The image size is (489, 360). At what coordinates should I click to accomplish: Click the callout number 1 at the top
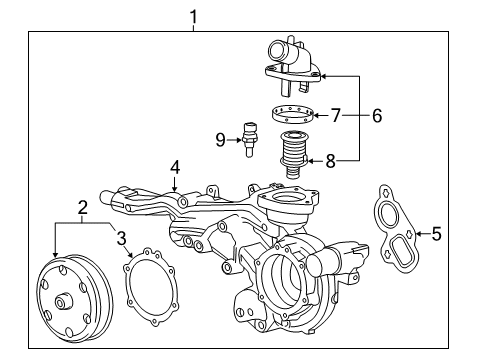pos(193,16)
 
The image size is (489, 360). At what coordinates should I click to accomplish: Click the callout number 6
pos(376,116)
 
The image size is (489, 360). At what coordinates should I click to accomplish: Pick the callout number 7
pos(337,116)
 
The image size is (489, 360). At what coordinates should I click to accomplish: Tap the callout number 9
pos(221,140)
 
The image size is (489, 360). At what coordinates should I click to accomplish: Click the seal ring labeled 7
pos(293,115)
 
